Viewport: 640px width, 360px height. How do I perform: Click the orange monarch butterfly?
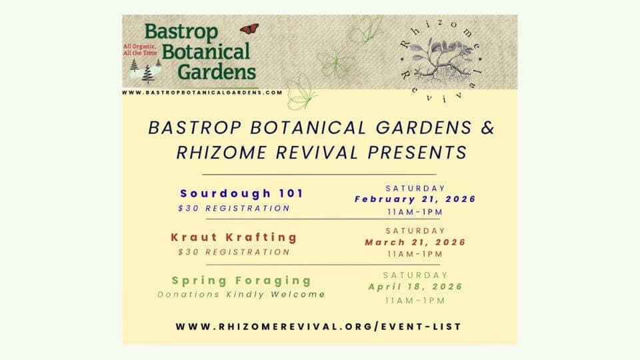coord(249,29)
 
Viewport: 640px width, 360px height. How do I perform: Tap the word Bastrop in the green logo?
coord(181,32)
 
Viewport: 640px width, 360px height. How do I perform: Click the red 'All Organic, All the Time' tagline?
coord(140,50)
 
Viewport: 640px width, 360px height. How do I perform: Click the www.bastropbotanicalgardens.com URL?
coord(202,93)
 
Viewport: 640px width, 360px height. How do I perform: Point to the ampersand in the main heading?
coord(487,128)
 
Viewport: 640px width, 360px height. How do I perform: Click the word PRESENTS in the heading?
coord(417,153)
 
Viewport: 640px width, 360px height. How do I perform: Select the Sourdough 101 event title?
coord(241,193)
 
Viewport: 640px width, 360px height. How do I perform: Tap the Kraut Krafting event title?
coord(234,237)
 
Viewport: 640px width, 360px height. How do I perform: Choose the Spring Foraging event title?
coord(241,281)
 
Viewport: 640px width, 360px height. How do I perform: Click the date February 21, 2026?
coord(415,199)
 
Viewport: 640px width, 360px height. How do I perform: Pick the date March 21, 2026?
coord(415,242)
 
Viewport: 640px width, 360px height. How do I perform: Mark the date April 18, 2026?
coord(415,287)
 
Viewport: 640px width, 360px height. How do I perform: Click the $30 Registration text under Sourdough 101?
coord(234,208)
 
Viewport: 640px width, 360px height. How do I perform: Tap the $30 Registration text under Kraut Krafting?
coord(234,252)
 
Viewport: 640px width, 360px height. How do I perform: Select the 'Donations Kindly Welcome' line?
coord(241,294)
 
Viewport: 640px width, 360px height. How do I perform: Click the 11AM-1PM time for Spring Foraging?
coord(415,301)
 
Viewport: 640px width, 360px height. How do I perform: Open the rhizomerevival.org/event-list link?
coord(319,327)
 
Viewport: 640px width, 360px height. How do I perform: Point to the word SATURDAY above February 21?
coord(415,188)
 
